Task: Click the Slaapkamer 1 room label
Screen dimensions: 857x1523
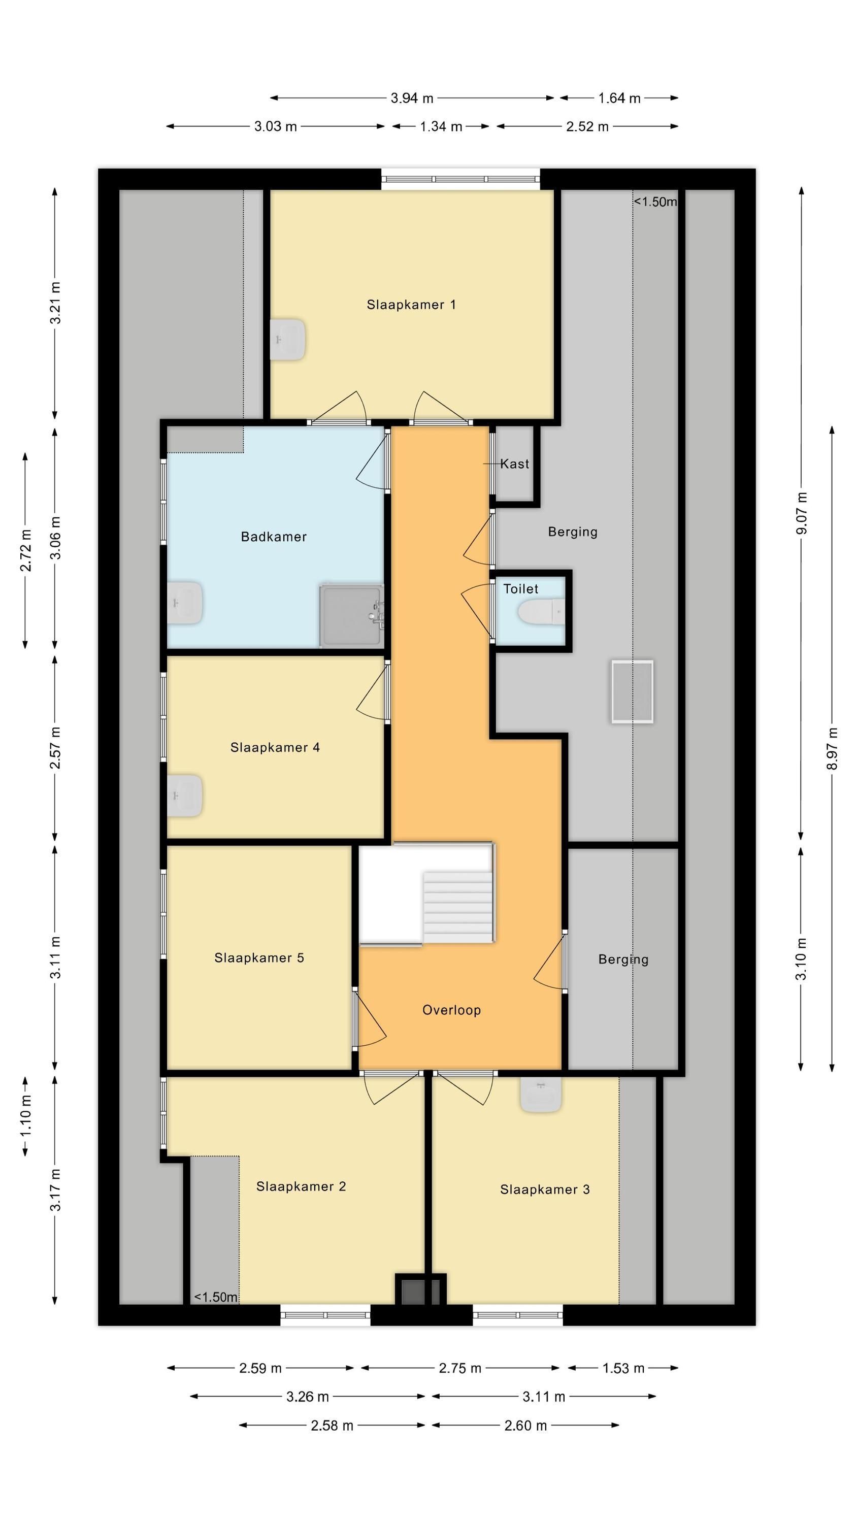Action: (x=411, y=305)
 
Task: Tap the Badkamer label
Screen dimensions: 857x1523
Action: (x=273, y=537)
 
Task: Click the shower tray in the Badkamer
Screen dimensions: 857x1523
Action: (x=351, y=616)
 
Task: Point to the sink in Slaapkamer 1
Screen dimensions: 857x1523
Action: (x=287, y=339)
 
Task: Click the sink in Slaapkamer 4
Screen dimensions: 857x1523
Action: (x=184, y=796)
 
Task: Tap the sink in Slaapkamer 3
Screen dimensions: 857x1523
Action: (x=541, y=1095)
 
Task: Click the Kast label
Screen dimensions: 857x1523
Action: (x=514, y=464)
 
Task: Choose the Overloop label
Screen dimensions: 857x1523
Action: (x=451, y=1010)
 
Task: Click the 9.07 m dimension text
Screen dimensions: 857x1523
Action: (x=801, y=513)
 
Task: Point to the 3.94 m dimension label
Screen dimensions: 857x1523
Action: (x=412, y=98)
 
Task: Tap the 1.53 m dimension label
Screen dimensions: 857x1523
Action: (x=623, y=1368)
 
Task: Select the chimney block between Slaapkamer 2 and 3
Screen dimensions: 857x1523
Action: (x=420, y=1290)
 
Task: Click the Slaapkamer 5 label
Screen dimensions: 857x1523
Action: (x=259, y=958)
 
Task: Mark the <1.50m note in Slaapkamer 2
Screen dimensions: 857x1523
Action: (x=216, y=1297)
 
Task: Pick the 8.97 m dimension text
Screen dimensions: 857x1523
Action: (x=832, y=748)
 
